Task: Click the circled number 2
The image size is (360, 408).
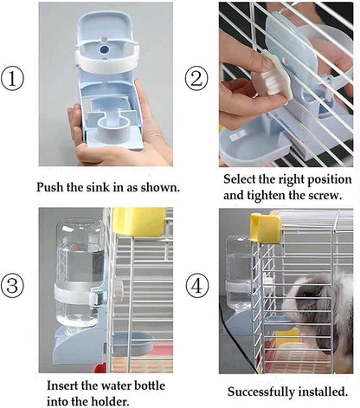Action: pos(197,80)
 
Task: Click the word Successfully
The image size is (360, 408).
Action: pos(261,391)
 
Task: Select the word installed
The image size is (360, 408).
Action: pos(325,391)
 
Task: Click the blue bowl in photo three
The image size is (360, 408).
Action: pos(132,344)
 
